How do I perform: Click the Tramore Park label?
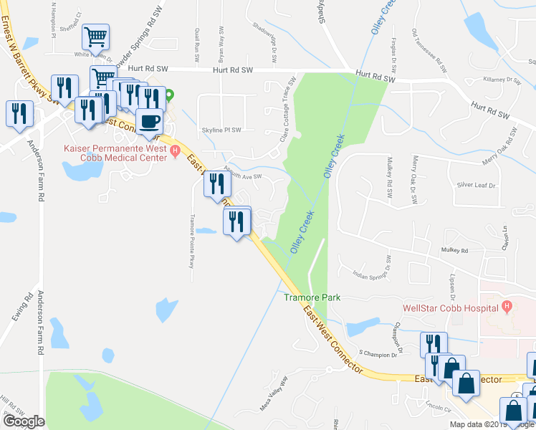coord(312,297)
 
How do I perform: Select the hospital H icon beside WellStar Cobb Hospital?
coord(507,308)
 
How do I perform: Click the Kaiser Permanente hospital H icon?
coord(173,150)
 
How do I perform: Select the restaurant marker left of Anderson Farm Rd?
coord(19,115)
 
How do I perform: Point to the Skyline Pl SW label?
coord(221,130)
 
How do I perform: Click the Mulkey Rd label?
coord(454,251)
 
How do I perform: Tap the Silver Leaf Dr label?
coord(476,185)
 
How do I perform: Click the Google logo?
coord(24,421)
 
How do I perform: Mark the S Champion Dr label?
coord(373,354)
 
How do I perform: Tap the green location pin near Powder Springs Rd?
coord(170,94)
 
